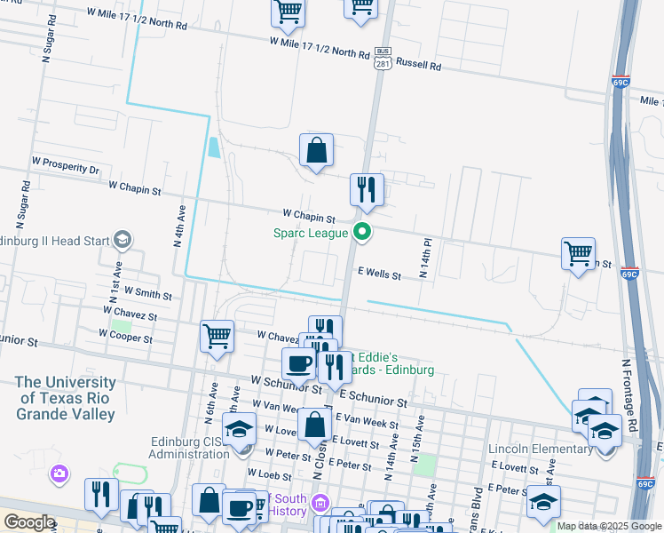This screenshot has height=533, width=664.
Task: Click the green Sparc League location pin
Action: (x=362, y=234)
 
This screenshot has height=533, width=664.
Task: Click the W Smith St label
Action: (x=148, y=292)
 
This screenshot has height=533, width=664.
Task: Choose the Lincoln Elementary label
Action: (x=541, y=449)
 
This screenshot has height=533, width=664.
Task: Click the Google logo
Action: (x=28, y=521)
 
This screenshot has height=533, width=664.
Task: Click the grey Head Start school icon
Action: (x=122, y=240)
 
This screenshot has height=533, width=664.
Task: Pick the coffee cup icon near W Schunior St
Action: (x=298, y=362)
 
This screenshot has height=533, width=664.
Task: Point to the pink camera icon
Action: (x=59, y=473)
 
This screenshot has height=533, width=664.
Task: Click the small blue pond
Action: (x=214, y=147)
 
